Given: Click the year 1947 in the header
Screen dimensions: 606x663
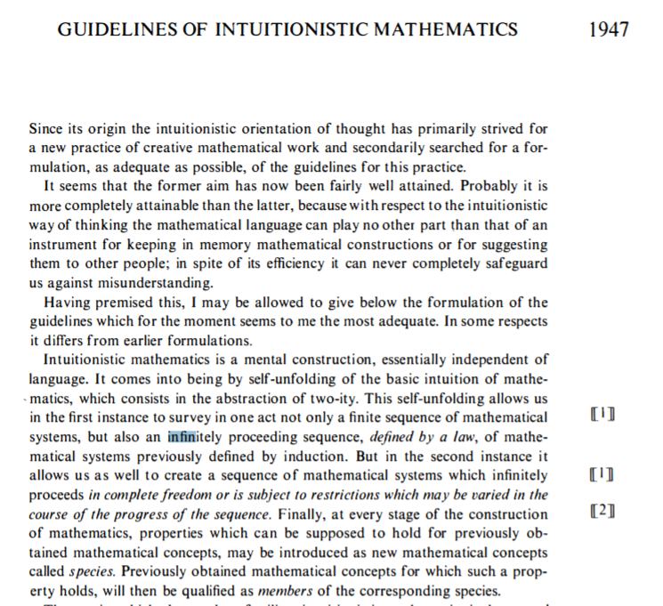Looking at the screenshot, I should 609,29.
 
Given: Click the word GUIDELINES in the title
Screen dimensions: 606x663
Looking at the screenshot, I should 106,29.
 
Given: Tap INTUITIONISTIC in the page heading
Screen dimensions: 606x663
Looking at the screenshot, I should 294,29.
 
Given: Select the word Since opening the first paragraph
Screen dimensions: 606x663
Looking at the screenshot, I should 48,130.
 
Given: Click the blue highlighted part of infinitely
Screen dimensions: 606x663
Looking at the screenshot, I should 182,436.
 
